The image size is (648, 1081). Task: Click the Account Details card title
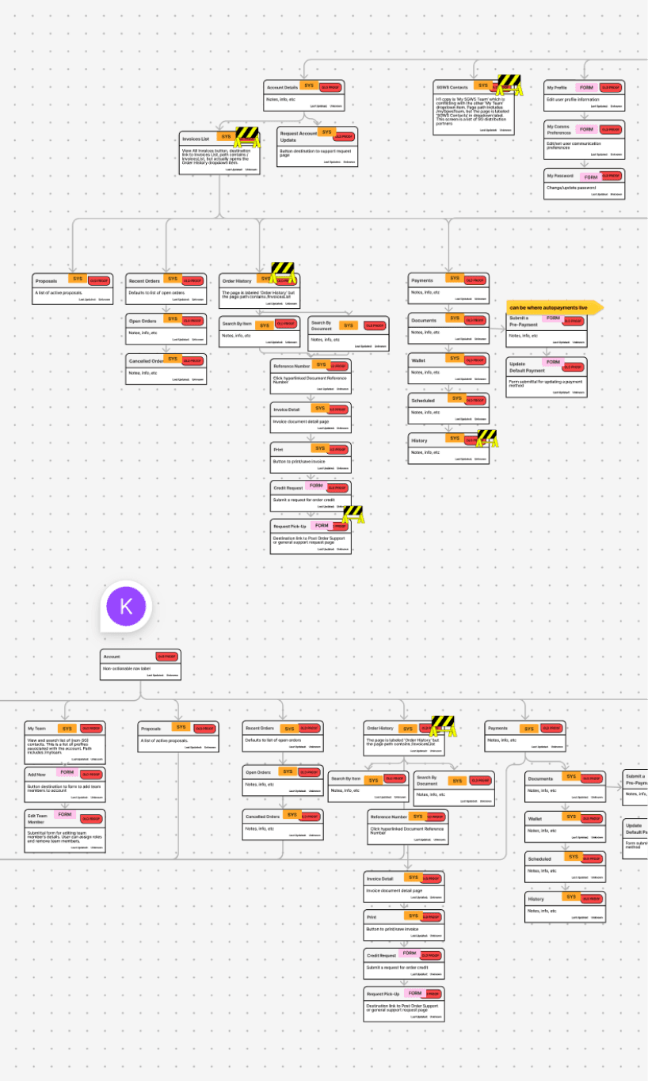(x=282, y=88)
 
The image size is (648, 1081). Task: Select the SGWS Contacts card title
(x=454, y=88)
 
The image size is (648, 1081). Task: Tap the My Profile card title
(x=557, y=88)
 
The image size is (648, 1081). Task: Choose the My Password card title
(x=560, y=176)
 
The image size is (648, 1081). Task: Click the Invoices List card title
(x=196, y=139)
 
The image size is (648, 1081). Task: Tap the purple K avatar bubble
(x=126, y=607)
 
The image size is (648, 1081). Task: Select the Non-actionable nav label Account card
(x=140, y=664)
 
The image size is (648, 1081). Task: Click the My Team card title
(x=36, y=728)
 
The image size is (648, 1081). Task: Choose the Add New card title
(x=37, y=774)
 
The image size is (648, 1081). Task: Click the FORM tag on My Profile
(x=586, y=87)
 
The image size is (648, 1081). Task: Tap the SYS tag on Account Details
(x=309, y=86)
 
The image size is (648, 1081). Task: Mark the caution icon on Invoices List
(x=247, y=136)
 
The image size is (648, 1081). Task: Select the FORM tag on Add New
(x=67, y=772)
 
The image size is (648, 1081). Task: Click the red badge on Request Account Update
(x=345, y=133)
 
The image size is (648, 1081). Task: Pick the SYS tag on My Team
(x=67, y=727)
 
